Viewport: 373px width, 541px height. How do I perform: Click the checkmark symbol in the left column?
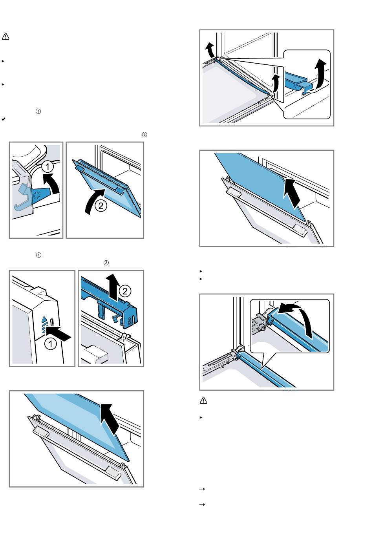[3, 118]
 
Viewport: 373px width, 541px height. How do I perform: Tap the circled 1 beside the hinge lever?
[48, 167]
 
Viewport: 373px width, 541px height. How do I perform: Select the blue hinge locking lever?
[41, 193]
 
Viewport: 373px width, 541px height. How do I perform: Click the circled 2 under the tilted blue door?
[101, 206]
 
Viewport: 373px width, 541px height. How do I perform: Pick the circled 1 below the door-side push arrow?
[50, 344]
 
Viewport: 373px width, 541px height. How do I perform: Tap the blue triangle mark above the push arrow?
[44, 320]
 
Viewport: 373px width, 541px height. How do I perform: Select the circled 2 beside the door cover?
[125, 291]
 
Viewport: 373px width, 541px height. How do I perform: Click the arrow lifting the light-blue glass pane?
[110, 420]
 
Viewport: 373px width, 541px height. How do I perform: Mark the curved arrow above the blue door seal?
[298, 318]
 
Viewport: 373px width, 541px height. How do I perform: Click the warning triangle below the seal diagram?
[203, 401]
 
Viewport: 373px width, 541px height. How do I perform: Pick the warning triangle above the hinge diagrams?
[5, 37]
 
